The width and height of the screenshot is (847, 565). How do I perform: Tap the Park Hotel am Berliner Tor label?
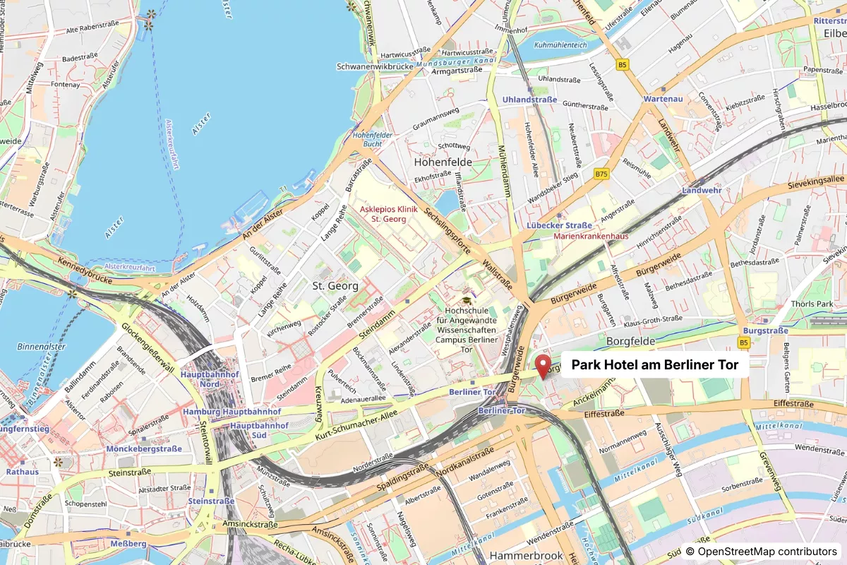tap(654, 365)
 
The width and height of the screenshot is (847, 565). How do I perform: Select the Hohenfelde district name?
tap(443, 162)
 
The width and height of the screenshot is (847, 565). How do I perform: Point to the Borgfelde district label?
tap(632, 341)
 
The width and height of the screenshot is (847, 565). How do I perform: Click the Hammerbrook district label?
tap(526, 556)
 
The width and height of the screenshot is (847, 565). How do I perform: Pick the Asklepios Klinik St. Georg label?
tap(389, 215)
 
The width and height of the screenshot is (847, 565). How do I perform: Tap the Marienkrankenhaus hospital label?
tap(591, 237)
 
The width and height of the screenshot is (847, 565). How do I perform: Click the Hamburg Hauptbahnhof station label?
tap(232, 412)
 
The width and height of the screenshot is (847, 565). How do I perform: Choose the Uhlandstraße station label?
tap(529, 100)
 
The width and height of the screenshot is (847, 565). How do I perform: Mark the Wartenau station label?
tap(663, 99)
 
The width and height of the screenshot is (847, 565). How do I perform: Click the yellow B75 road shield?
tap(601, 174)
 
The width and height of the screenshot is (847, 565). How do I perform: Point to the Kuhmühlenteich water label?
tap(561, 44)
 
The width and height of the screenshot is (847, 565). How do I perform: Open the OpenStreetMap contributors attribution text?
tap(761, 551)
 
